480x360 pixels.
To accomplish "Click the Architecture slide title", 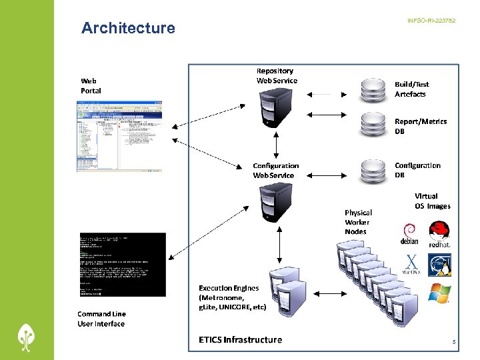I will tap(128, 28).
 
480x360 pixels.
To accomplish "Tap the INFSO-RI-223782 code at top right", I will tap(431, 21).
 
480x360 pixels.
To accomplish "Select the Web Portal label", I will tap(91, 85).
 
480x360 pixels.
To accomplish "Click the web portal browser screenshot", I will tap(123, 137).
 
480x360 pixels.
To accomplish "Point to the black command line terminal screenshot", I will tap(122, 265).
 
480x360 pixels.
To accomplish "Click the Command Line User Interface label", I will tap(101, 319).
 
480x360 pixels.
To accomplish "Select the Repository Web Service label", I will tap(277, 75).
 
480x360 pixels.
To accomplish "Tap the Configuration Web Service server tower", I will tap(275, 203).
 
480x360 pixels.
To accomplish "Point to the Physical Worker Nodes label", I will tap(358, 222).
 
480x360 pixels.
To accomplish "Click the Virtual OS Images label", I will tap(432, 201).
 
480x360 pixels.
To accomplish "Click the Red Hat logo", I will tap(439, 234).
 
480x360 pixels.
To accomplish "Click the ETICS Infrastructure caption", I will tap(240, 339).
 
